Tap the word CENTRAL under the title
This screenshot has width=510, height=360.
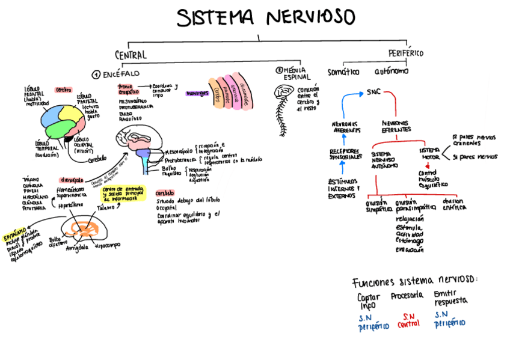[131, 55]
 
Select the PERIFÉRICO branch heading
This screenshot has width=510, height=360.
[406, 53]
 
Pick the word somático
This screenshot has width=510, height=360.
[343, 72]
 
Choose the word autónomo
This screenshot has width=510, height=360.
[391, 72]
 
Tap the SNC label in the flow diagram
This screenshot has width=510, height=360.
[374, 93]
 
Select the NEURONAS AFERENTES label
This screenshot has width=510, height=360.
[346, 126]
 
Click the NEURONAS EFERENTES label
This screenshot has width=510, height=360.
[396, 126]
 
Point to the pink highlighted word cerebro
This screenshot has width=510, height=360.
[64, 90]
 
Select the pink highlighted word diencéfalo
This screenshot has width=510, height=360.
[71, 179]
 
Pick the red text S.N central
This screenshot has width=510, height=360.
[408, 320]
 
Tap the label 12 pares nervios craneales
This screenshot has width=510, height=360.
[473, 141]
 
